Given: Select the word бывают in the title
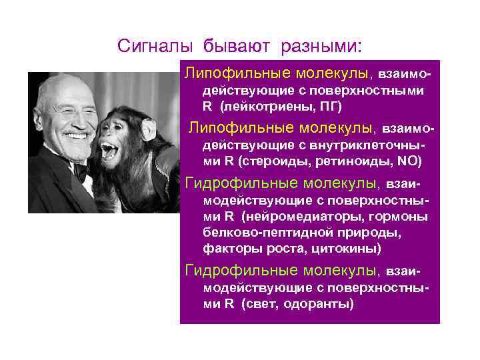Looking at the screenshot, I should point(233,46).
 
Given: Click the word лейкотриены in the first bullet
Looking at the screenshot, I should point(263,107).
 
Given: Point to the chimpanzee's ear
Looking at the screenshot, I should point(148,127).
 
